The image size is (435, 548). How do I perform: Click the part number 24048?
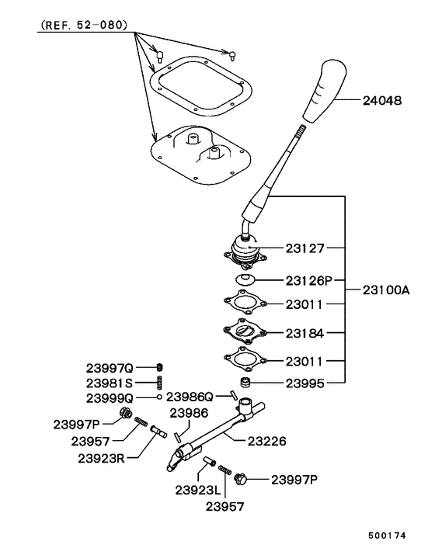(x=381, y=101)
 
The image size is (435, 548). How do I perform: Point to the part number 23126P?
(x=308, y=280)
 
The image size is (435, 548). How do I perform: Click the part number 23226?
(x=267, y=441)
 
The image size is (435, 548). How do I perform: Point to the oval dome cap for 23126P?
(x=246, y=279)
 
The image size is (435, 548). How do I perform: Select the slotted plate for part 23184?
(x=245, y=331)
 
